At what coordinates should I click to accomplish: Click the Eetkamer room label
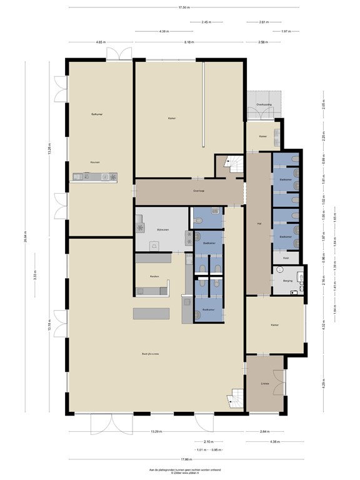click(x=97, y=114)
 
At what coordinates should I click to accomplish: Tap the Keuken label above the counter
click(x=95, y=162)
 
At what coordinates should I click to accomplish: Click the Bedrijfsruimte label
click(x=151, y=354)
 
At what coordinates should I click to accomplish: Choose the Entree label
click(x=265, y=384)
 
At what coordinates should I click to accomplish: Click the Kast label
click(x=286, y=257)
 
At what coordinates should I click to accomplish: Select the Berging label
click(x=288, y=281)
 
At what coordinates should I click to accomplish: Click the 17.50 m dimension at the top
click(x=184, y=7)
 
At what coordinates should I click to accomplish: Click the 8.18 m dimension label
click(x=189, y=42)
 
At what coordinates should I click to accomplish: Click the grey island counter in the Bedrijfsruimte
click(x=151, y=312)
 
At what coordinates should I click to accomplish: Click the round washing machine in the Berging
click(x=280, y=269)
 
